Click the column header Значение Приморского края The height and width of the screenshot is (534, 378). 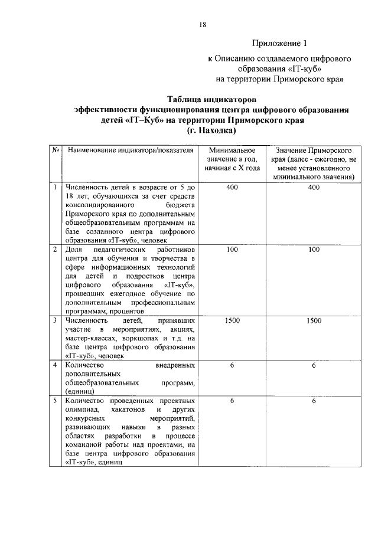[314, 163]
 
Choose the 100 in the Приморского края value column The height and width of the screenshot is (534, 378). [314, 250]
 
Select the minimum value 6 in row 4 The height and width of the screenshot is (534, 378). [232, 365]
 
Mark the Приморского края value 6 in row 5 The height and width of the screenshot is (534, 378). [314, 401]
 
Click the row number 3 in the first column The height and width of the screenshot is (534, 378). [54, 320]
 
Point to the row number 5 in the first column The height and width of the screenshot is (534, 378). [54, 401]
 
